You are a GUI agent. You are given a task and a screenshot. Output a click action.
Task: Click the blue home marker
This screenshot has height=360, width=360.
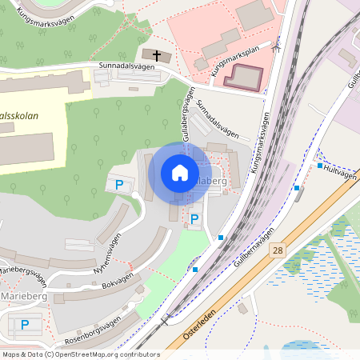180,172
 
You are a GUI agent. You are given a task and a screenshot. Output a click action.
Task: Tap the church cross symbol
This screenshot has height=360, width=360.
157,56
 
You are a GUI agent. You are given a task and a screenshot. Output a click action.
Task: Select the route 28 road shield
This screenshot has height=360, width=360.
278,250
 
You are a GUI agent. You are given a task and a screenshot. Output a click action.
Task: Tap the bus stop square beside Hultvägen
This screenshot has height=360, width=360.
320,166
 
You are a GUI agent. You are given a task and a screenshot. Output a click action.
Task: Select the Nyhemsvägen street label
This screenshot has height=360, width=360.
109,253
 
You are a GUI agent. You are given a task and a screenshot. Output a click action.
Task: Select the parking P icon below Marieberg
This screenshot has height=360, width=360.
25,324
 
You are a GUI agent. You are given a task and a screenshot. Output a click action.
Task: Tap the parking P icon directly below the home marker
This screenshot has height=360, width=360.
194,218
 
